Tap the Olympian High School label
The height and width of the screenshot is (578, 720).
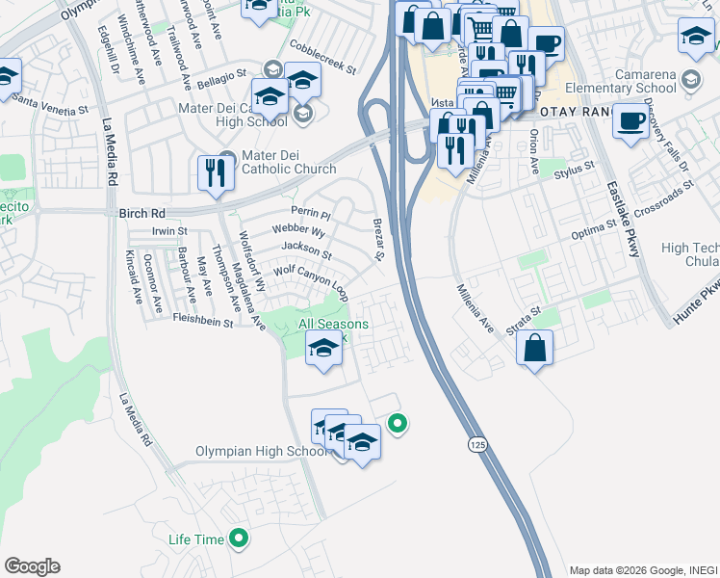click(262, 451)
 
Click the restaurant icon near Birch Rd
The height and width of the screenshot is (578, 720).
click(215, 173)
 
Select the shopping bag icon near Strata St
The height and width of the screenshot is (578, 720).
click(535, 348)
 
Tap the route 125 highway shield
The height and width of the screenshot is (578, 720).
click(478, 444)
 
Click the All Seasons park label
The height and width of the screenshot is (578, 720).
click(332, 326)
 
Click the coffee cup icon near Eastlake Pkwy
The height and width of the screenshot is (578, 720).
click(631, 122)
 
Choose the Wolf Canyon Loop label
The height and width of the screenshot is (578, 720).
click(310, 277)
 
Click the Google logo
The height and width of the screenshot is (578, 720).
click(32, 566)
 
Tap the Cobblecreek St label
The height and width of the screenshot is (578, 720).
click(324, 58)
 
